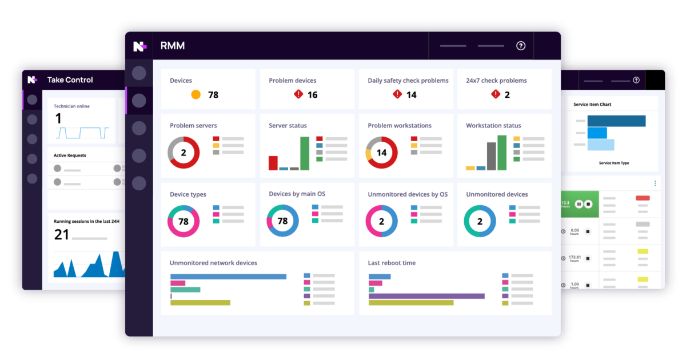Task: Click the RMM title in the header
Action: [x=173, y=46]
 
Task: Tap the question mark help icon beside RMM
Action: [x=521, y=46]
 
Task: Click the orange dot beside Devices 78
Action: [x=196, y=95]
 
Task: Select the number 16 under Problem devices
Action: [x=313, y=95]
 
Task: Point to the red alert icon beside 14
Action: [x=397, y=94]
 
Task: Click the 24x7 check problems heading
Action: [x=496, y=81]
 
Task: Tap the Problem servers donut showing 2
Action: [x=184, y=153]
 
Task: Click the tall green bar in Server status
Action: [x=305, y=153]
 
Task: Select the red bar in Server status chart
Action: [x=273, y=163]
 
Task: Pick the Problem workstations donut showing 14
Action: [x=381, y=153]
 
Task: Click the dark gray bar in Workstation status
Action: [x=492, y=156]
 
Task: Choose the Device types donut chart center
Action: [x=184, y=221]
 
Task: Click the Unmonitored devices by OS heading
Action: [x=408, y=194]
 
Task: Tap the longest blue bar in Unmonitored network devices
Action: [x=228, y=277]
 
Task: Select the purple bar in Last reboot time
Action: [x=426, y=296]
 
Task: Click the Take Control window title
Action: [x=70, y=80]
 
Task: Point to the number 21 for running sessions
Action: [x=62, y=234]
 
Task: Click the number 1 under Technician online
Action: [x=58, y=118]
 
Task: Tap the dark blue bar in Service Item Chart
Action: [x=616, y=121]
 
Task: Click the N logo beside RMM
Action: [x=139, y=46]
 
